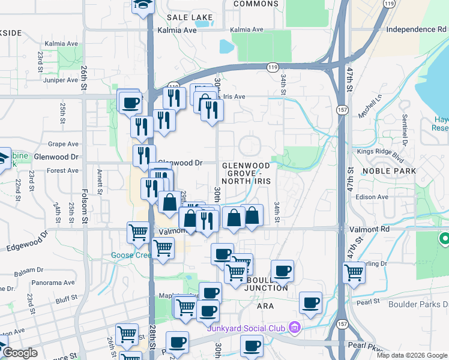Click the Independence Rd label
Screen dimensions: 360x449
click(x=412, y=29)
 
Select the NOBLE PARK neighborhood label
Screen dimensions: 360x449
click(x=390, y=171)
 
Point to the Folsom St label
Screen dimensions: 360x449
click(x=85, y=204)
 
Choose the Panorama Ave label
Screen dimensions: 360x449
click(x=53, y=283)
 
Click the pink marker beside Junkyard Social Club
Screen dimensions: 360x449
click(x=294, y=327)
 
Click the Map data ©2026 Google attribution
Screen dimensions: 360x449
click(x=411, y=355)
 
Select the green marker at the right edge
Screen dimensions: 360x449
click(x=444, y=239)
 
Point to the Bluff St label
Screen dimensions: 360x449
click(x=71, y=298)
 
